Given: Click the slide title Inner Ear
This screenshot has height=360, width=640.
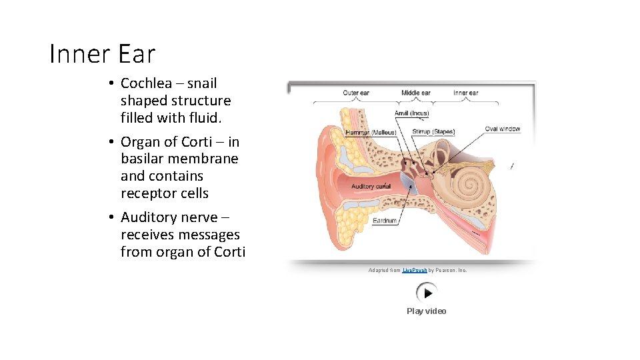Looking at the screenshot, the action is tap(102, 54).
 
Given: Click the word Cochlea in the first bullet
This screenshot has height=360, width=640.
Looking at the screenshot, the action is tap(146, 83).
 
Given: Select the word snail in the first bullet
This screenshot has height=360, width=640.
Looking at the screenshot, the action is tap(202, 83).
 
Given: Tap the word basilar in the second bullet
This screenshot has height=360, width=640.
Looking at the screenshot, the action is tap(143, 159).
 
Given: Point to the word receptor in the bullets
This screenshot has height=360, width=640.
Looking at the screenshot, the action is tap(149, 193).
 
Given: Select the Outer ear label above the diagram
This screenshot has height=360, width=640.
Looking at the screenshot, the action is tap(356, 93).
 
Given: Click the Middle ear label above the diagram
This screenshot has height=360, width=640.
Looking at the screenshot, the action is tap(415, 93).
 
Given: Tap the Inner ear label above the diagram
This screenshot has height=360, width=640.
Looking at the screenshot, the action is tap(465, 93).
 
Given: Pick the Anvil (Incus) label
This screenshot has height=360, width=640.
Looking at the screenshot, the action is tap(411, 113).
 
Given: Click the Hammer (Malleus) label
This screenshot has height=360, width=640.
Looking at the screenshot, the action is tap(371, 133).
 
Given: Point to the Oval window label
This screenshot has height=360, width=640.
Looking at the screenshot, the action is tap(502, 129).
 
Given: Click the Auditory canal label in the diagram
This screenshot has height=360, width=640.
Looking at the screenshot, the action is tap(371, 186).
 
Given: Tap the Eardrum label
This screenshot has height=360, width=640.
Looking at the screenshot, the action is tap(385, 220).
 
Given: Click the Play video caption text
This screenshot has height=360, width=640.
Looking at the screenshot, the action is tap(427, 311).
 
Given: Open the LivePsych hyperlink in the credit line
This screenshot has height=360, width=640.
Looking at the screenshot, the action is tap(415, 270).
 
